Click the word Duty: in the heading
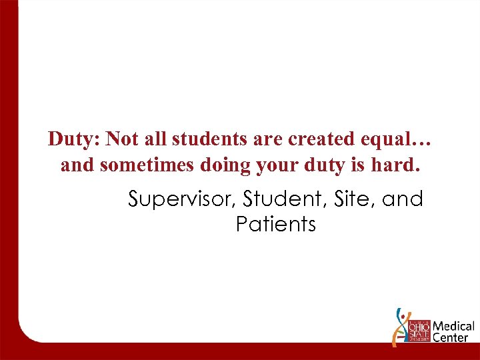pos(74,139)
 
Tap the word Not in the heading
pos(121,139)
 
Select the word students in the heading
pos(203,139)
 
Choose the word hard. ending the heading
pos(399,165)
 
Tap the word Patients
pos(275,225)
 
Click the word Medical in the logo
pos(454,327)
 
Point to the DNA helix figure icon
pos(400,327)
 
